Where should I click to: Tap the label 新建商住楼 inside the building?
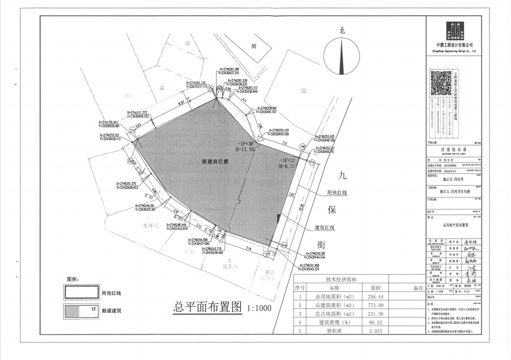coord(215,161)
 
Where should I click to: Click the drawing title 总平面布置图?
coord(207,307)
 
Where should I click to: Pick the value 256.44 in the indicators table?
coord(375,297)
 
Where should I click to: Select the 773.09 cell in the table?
coord(375,305)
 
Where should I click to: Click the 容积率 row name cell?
coord(334,331)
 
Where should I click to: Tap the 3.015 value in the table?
coord(375,331)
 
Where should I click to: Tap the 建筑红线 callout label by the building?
coord(324,227)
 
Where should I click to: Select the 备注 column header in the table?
coord(418,288)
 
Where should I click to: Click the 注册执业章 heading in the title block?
coord(454,149)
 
